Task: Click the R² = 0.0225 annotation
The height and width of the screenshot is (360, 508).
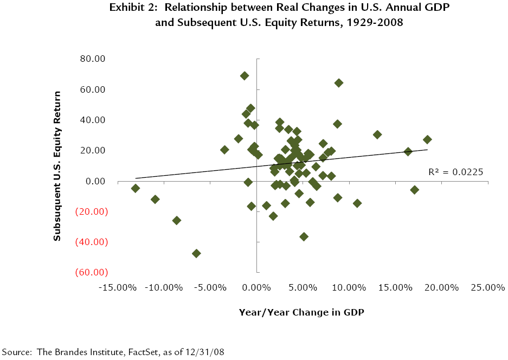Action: click(x=455, y=172)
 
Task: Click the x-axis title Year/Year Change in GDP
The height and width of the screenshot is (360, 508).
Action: click(x=301, y=312)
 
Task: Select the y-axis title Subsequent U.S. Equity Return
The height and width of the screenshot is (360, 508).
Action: click(x=57, y=165)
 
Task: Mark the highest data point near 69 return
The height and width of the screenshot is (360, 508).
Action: click(x=245, y=76)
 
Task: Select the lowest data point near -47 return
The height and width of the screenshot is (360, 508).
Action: click(x=196, y=253)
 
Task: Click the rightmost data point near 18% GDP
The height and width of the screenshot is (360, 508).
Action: click(x=427, y=140)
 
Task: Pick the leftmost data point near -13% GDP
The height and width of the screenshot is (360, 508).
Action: click(x=136, y=188)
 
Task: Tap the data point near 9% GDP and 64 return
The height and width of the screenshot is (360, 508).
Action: click(x=339, y=83)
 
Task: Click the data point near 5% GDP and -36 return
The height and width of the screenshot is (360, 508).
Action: click(x=304, y=236)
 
